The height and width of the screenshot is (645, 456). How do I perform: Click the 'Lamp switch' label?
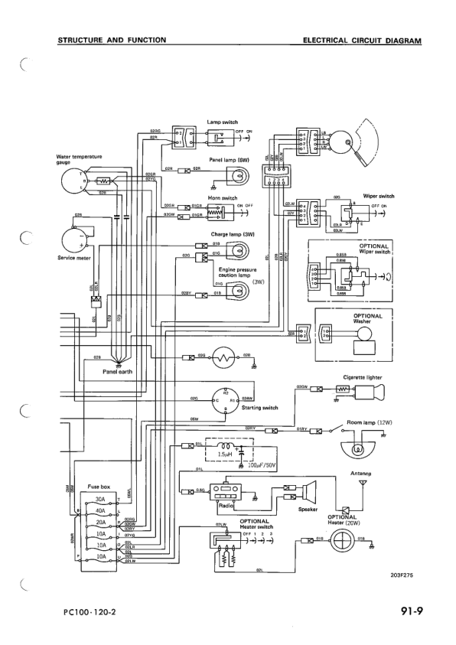pyautogui.click(x=223, y=122)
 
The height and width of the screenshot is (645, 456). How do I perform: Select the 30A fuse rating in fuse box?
pyautogui.click(x=99, y=499)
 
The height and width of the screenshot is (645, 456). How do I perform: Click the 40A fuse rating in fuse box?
pyautogui.click(x=99, y=509)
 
